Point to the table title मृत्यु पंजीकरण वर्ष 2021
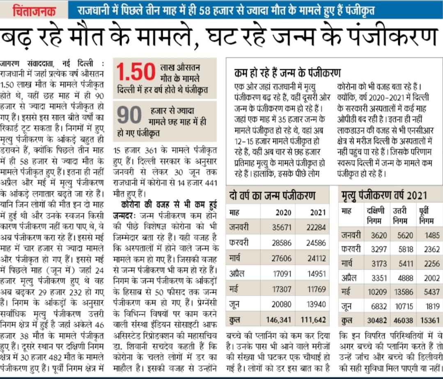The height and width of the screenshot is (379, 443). [x=384, y=195]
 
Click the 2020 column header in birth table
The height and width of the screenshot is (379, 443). [x=283, y=212]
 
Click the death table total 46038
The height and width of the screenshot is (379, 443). [x=403, y=320]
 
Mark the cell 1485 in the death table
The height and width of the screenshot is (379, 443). [x=429, y=235]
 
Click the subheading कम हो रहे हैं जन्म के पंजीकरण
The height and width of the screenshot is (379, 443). [x=287, y=73]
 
